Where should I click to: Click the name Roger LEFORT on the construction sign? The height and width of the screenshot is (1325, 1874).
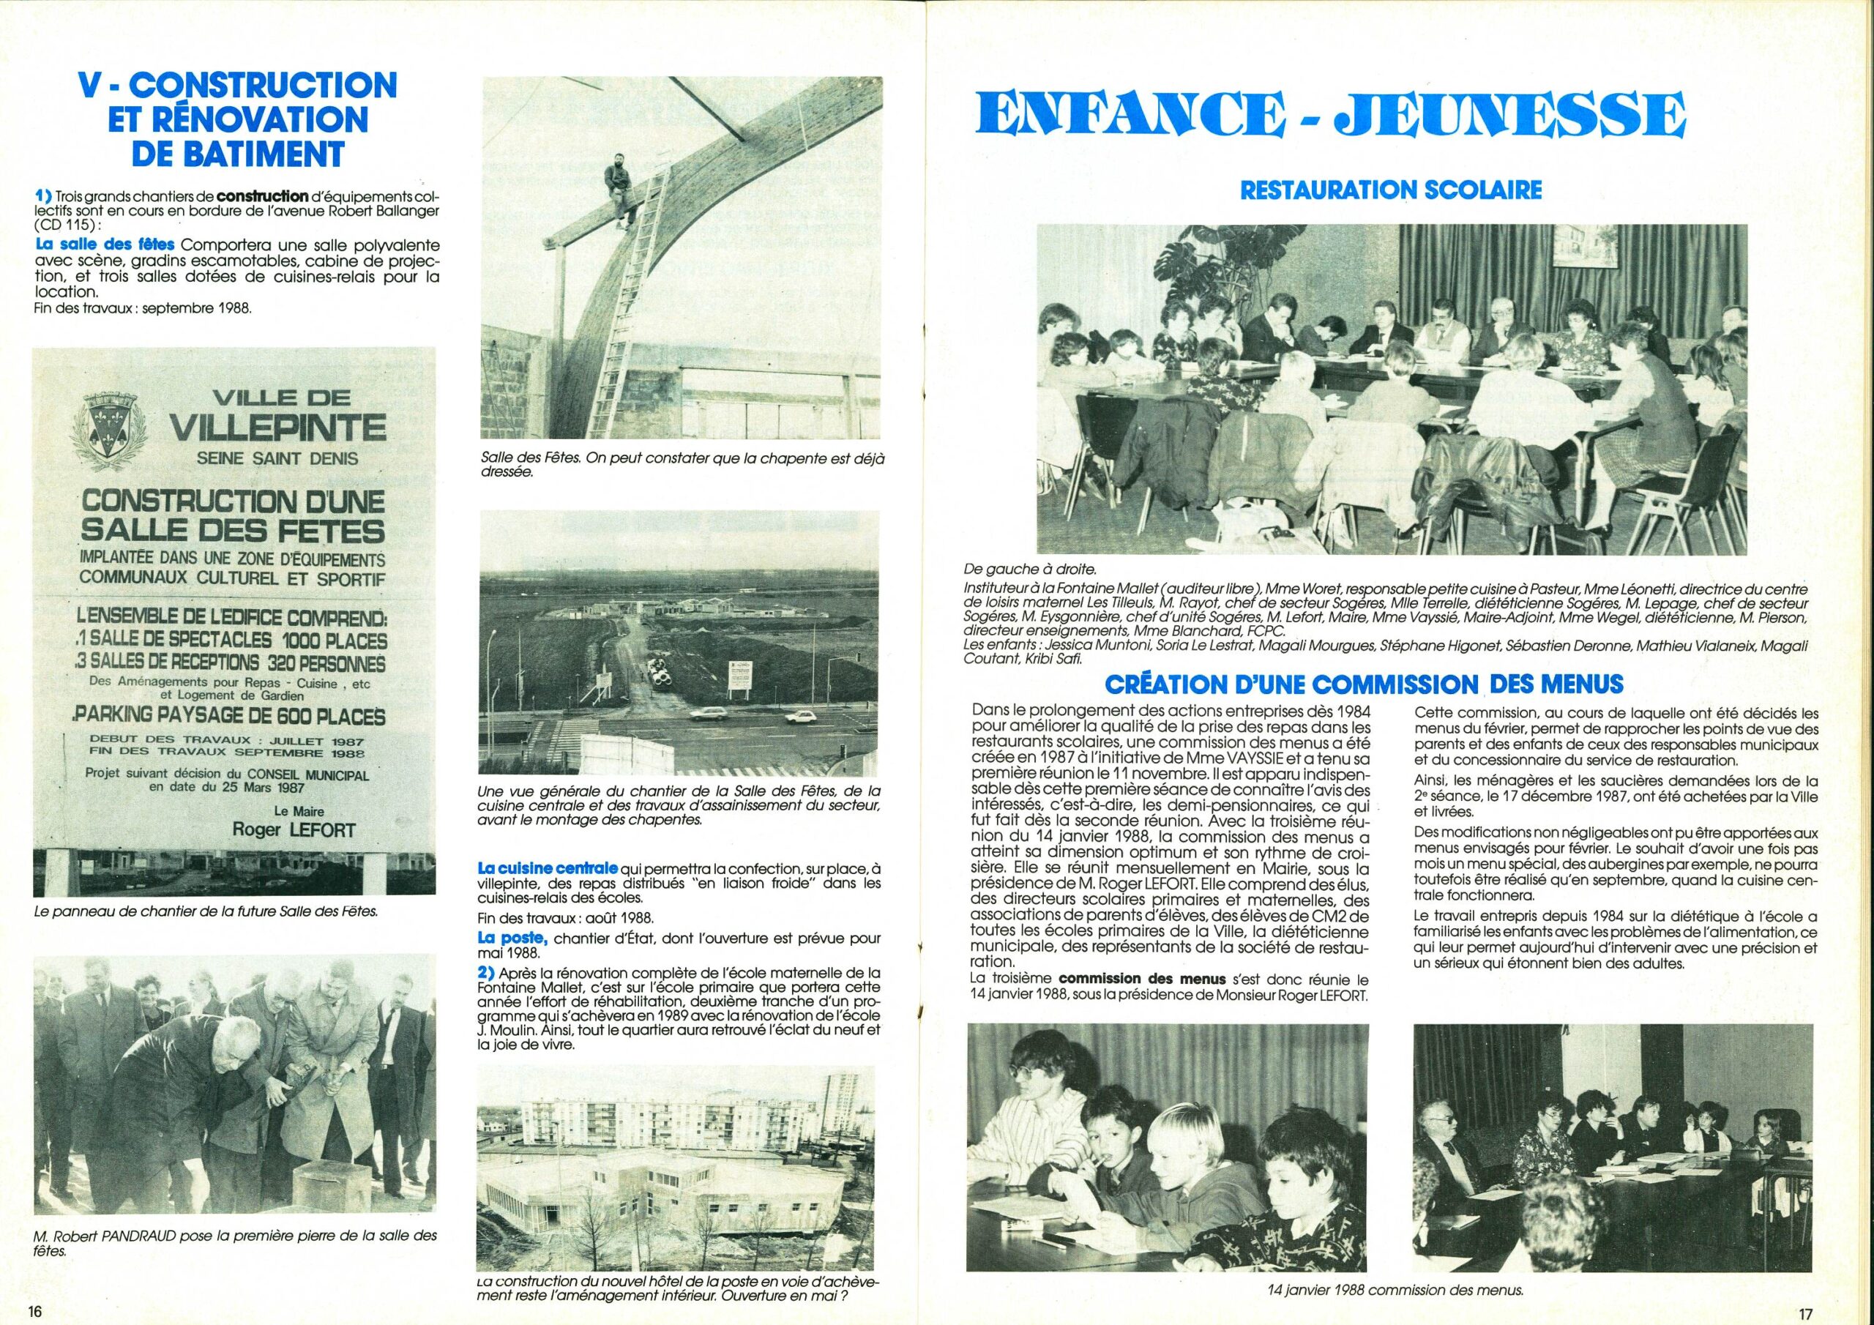coord(283,829)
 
